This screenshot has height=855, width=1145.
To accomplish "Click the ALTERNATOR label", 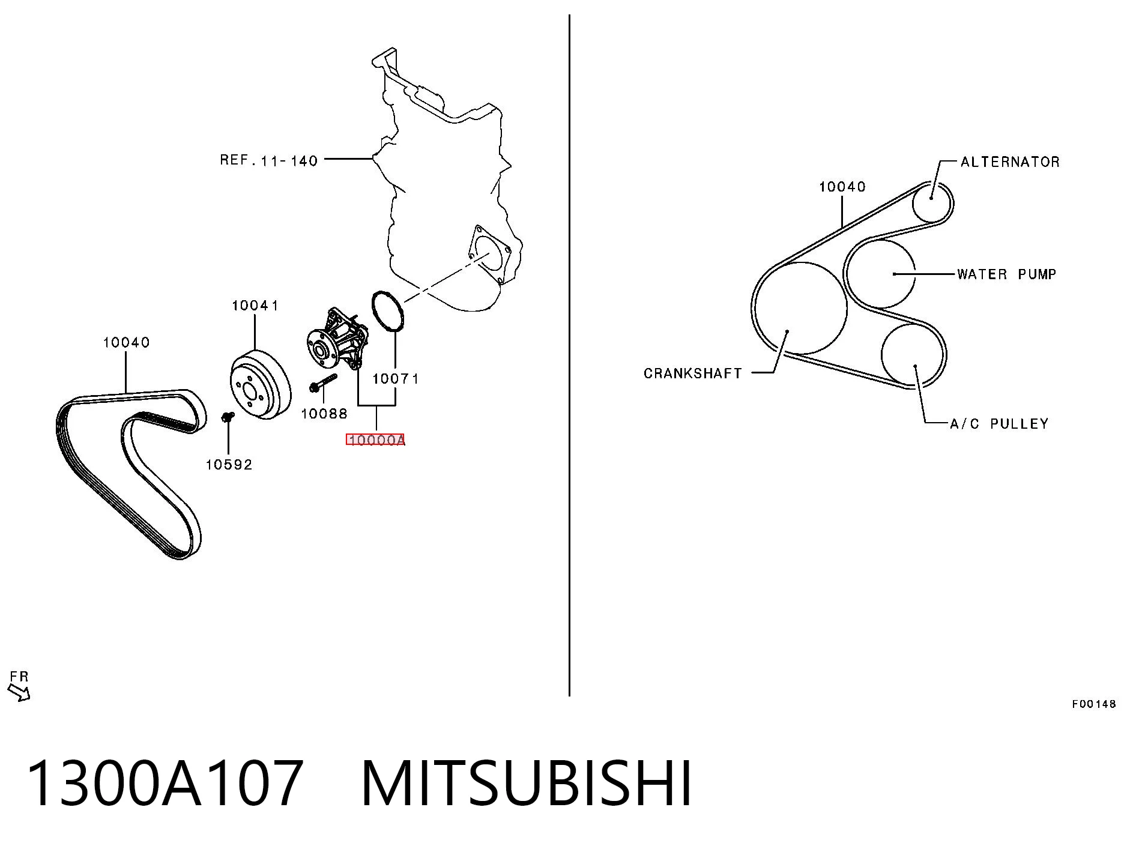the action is pos(1010,162).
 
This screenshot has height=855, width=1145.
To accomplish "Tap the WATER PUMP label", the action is pos(1006,274).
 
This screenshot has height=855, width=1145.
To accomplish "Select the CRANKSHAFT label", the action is pos(692,373).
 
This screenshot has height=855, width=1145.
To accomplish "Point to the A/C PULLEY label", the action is pos(999,424).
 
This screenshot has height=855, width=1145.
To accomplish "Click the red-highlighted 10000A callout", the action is pos(376,440).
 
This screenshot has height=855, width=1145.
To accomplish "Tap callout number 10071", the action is pos(395,379).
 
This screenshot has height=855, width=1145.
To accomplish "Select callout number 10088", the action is pos(324,414).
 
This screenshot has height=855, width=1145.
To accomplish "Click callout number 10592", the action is pos(229,465).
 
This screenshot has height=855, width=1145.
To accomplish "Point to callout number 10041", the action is pos(255,306).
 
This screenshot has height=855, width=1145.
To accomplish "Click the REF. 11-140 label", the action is pos(268,160).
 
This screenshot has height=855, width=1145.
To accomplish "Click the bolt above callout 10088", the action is pos(322,382).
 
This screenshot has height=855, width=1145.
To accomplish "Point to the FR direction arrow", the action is pos(19,692).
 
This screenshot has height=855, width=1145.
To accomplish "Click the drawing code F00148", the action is pos(1094,704).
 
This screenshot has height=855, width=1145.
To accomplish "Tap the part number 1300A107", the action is pos(165,784).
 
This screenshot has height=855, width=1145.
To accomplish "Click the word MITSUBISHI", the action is pos(527,784).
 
